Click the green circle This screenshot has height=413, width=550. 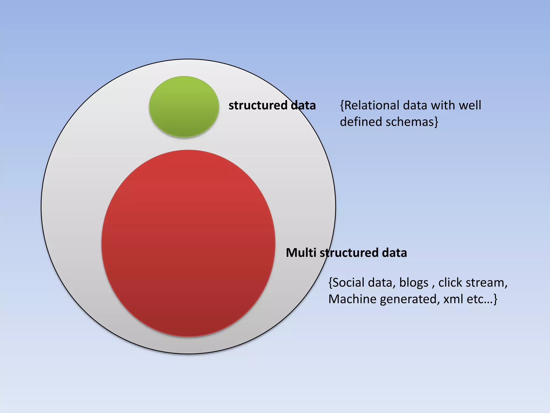click(184, 107)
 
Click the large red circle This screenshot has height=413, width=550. click(188, 243)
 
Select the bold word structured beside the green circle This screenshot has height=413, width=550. click(258, 105)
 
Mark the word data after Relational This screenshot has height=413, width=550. click(416, 105)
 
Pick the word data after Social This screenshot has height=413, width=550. click(382, 283)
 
